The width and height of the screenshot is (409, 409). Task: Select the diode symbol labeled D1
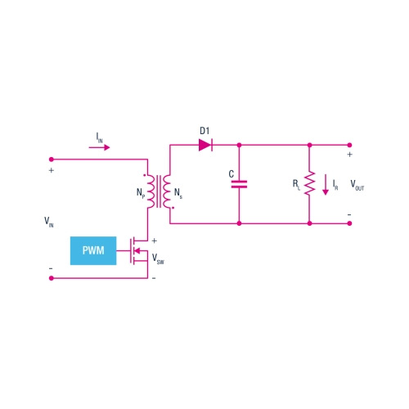pyautogui.click(x=205, y=146)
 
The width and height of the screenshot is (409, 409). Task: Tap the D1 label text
pyautogui.click(x=205, y=131)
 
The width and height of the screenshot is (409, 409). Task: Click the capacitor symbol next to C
pyautogui.click(x=239, y=184)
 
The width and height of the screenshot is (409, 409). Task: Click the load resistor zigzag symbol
pyautogui.click(x=310, y=184)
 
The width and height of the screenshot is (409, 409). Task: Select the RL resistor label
pyautogui.click(x=297, y=186)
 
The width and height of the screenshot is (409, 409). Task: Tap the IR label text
pyautogui.click(x=335, y=186)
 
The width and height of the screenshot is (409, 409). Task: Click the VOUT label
pyautogui.click(x=358, y=185)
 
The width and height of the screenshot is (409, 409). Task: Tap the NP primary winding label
pyautogui.click(x=139, y=195)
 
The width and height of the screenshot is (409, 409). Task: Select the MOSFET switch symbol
pyautogui.click(x=139, y=249)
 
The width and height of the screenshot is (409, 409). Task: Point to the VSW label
pyautogui.click(x=158, y=258)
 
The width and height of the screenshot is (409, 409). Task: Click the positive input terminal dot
pyautogui.click(x=52, y=159)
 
